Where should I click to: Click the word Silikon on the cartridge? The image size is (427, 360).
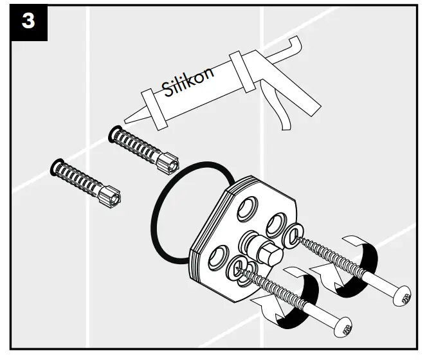[x=188, y=82]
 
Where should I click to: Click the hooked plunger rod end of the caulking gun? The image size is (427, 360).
[x=295, y=44]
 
